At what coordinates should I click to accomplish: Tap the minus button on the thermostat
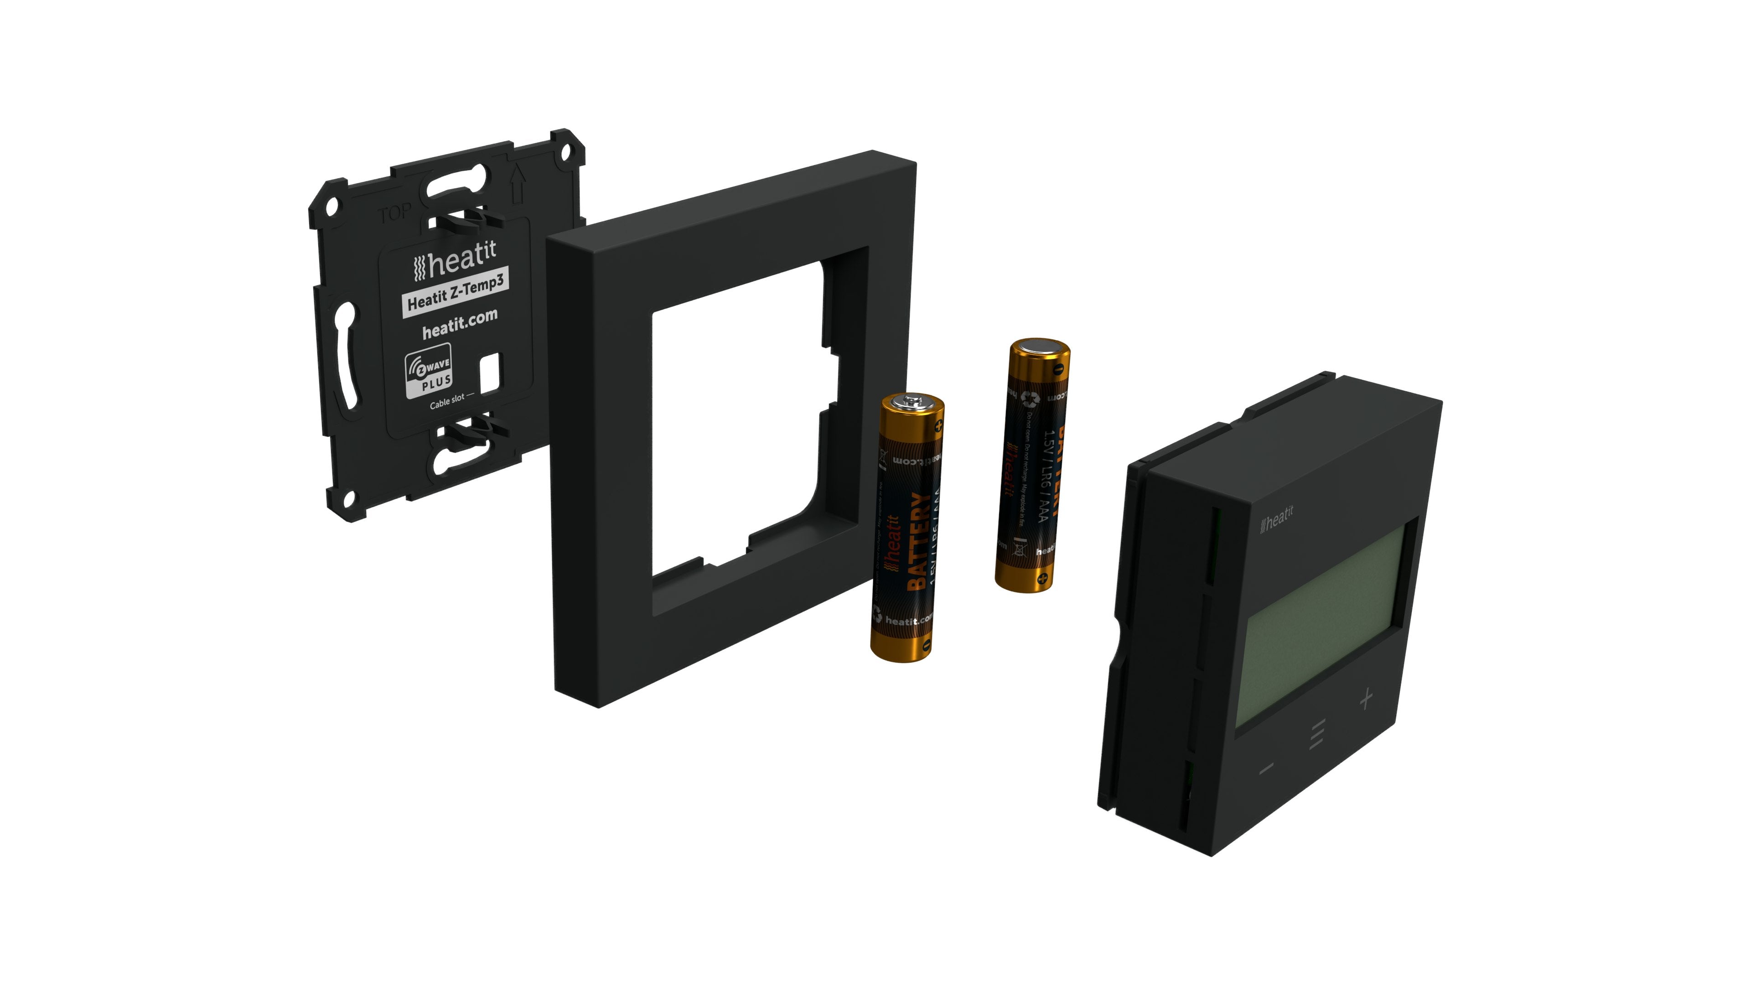pyautogui.click(x=1266, y=769)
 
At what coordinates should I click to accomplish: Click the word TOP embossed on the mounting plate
pyautogui.click(x=394, y=213)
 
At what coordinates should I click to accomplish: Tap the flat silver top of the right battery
pyautogui.click(x=1041, y=347)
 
